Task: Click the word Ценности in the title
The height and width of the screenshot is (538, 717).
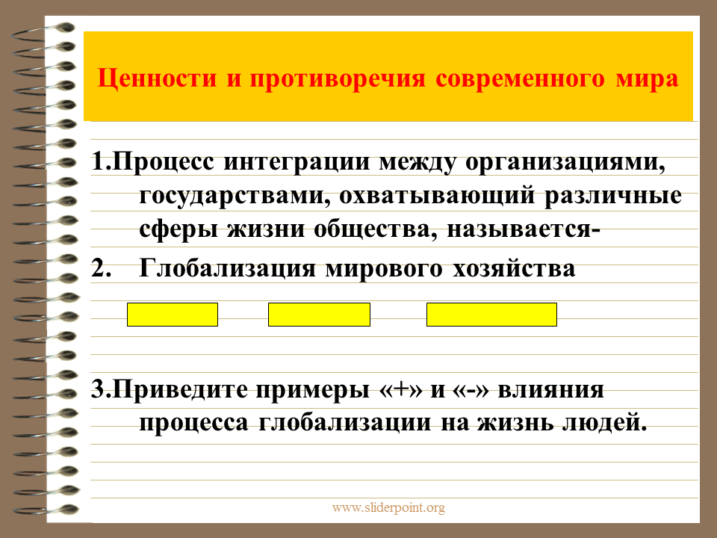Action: click(x=158, y=78)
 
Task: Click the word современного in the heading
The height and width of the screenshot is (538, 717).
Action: click(x=520, y=78)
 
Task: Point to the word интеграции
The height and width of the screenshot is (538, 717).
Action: click(x=297, y=163)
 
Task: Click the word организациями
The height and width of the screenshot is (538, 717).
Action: click(x=565, y=163)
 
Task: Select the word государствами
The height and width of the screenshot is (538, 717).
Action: click(x=235, y=197)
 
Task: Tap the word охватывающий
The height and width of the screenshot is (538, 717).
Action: click(x=437, y=197)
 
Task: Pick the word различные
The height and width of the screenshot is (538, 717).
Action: click(x=612, y=196)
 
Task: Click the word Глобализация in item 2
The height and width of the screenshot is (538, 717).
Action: click(x=227, y=269)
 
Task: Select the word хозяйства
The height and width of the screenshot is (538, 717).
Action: click(x=515, y=269)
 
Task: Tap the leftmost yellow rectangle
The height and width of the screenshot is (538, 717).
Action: click(x=173, y=315)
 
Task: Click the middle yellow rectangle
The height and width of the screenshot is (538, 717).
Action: click(x=319, y=315)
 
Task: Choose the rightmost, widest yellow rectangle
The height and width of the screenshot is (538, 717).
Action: click(x=491, y=315)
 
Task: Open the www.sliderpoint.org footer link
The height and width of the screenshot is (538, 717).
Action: click(x=388, y=508)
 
